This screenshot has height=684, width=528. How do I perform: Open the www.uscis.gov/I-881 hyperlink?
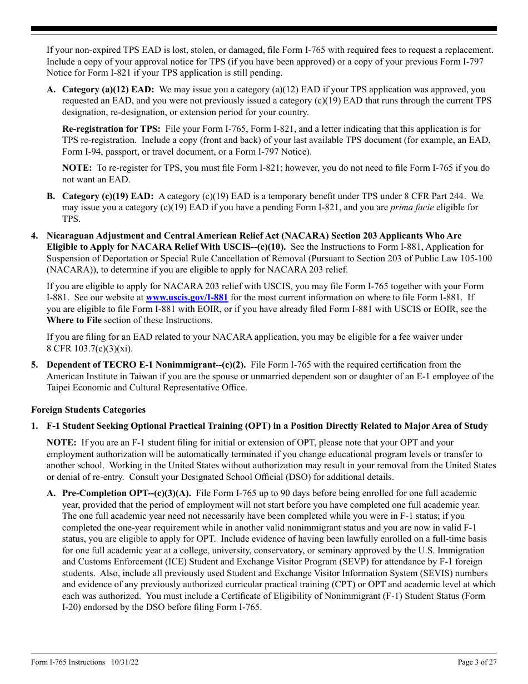tap(187, 298)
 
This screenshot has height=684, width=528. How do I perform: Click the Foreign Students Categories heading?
tap(88, 410)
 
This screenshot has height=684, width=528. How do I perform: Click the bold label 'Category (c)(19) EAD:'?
tap(108, 196)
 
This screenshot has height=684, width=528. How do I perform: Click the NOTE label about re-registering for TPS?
tap(77, 168)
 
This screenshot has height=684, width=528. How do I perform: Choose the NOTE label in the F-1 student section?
tap(61, 443)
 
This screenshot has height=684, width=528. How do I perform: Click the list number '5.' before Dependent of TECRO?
tap(35, 365)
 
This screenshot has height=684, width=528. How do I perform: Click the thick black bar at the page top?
tap(264, 29)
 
